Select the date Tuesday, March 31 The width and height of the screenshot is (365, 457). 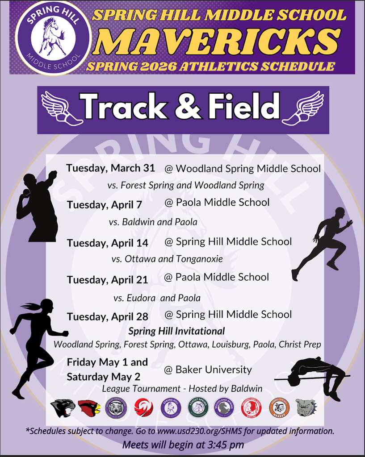pyautogui.click(x=110, y=168)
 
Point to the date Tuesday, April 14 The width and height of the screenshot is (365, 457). pyautogui.click(x=107, y=243)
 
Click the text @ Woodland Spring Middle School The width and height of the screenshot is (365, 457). pyautogui.click(x=243, y=169)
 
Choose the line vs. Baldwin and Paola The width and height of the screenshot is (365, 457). pyautogui.click(x=153, y=222)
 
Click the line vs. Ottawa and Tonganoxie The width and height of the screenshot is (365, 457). pyautogui.click(x=167, y=259)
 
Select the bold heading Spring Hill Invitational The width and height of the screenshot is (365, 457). pyautogui.click(x=176, y=331)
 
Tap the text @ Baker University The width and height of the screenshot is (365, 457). pyautogui.click(x=208, y=370)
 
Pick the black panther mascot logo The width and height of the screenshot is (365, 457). pyautogui.click(x=63, y=407)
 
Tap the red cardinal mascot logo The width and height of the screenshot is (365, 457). pyautogui.click(x=89, y=407)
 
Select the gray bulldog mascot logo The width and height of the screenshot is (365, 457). pyautogui.click(x=306, y=407)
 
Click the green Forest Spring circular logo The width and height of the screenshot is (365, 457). pyautogui.click(x=197, y=407)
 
